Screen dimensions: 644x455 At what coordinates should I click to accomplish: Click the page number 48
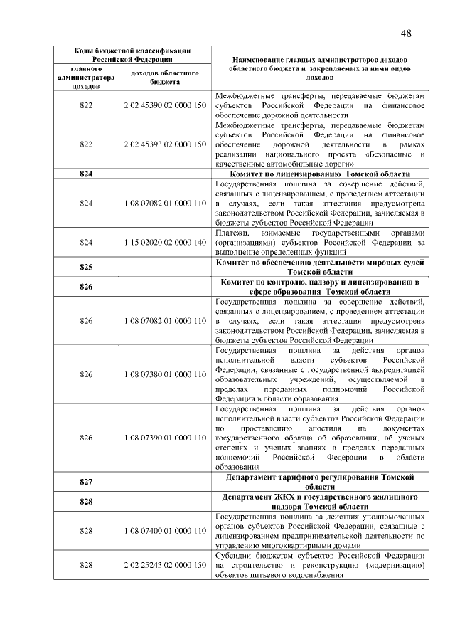tap(406, 33)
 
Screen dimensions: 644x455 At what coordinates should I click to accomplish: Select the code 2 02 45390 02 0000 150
tap(165, 105)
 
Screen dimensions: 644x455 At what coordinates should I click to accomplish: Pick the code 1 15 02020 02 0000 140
tap(165, 242)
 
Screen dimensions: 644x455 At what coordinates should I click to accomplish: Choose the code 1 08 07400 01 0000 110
tap(165, 531)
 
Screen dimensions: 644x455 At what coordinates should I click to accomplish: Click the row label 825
tap(87, 267)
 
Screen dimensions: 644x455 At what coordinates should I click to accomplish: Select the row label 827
tap(87, 482)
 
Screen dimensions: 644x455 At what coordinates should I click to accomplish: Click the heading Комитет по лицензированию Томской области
tap(319, 174)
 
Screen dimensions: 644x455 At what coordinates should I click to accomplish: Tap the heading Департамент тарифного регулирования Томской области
tap(319, 482)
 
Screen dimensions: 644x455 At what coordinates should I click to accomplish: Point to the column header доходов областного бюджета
tap(165, 77)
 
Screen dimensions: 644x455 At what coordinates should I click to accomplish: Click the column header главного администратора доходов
tap(87, 77)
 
